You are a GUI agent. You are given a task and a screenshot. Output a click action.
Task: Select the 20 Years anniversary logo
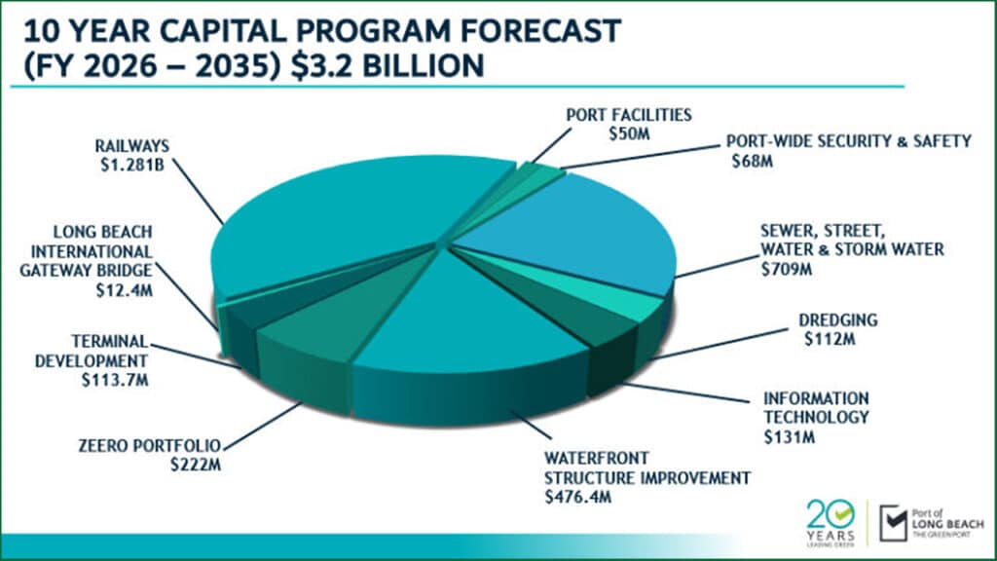point(832,521)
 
